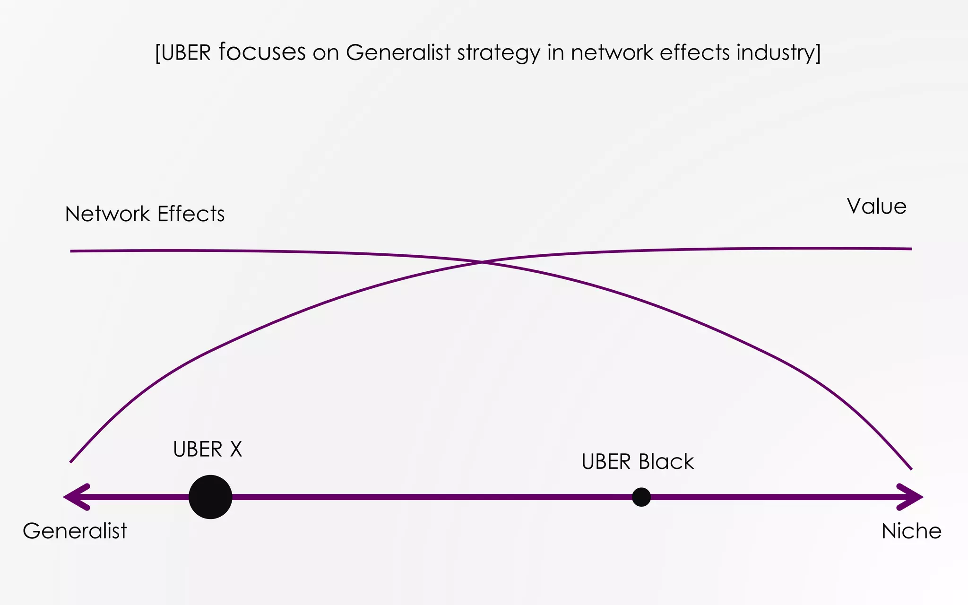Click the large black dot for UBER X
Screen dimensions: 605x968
pos(210,497)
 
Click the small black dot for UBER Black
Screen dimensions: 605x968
pos(641,497)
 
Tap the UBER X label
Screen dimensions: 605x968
pos(207,449)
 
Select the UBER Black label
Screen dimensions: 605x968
pos(638,462)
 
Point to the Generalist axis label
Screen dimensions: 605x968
pos(75,531)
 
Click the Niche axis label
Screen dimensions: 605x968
pos(911,531)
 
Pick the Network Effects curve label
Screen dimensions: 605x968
pos(145,214)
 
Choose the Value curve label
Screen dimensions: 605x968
pos(876,207)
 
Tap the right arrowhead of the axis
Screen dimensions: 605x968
pos(910,497)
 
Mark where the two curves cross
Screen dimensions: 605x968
pos(482,261)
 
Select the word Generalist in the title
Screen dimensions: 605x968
pos(398,52)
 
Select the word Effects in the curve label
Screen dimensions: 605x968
pos(191,214)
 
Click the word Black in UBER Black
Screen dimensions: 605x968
pos(666,462)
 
